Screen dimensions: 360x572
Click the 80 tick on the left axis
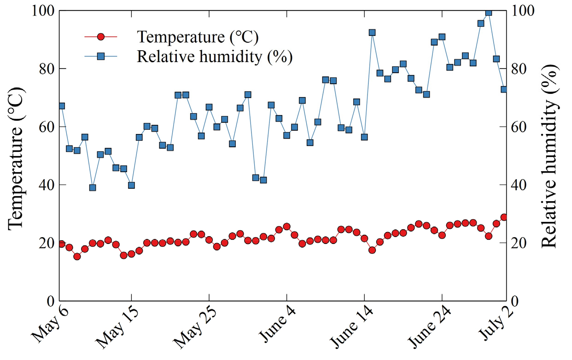coord(46,69)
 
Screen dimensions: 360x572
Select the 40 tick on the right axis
coord(520,185)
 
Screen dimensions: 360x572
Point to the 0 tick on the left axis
coord(51,301)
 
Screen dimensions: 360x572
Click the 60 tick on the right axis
coord(520,127)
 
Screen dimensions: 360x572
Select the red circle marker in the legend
coord(101,36)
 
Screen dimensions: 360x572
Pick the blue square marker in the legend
coord(101,56)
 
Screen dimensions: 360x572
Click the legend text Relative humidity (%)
coord(215,56)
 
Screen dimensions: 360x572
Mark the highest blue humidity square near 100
coord(489,12)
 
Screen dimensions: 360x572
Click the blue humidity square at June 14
coord(364,137)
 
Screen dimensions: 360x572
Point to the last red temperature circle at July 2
coord(504,217)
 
